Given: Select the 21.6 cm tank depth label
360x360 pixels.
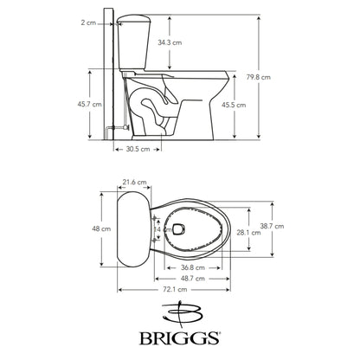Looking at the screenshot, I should [134, 183].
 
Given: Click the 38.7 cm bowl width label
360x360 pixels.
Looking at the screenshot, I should [295, 227].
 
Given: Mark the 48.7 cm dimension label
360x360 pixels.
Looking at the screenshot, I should [193, 278].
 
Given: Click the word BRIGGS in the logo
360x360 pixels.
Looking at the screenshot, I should [180, 335].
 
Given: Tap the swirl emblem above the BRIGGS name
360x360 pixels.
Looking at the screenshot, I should [180, 311].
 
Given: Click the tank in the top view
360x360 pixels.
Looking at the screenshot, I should [132, 228].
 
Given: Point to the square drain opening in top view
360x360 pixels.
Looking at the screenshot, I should [179, 230].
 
